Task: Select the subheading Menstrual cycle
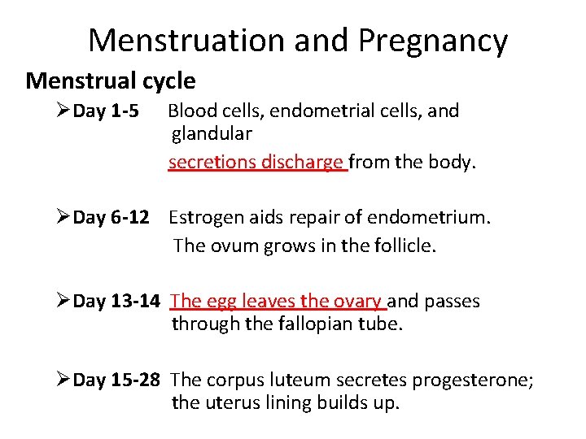click(x=111, y=81)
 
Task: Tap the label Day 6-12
click(x=111, y=218)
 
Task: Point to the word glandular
click(x=212, y=133)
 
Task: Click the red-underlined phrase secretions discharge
click(x=256, y=162)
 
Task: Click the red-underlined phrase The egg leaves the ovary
click(x=277, y=302)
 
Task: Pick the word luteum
click(x=300, y=380)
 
